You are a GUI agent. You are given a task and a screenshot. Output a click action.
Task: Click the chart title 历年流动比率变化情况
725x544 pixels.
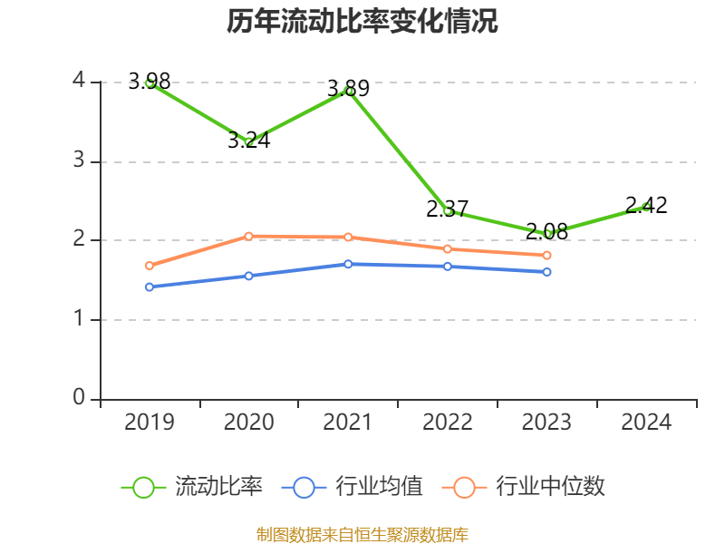coord(362,22)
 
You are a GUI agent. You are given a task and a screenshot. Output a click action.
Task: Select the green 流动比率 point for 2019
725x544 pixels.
coord(150,83)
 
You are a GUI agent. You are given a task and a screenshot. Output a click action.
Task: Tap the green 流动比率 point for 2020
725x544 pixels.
coord(248,141)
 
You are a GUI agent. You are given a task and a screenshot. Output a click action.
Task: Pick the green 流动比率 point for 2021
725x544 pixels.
coord(348,91)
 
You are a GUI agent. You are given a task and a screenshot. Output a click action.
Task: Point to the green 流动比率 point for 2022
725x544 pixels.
coord(448,210)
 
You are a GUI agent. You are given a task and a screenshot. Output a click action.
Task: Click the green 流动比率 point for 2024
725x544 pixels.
coord(646,207)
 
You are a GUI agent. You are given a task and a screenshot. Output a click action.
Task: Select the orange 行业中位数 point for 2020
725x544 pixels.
coord(248,236)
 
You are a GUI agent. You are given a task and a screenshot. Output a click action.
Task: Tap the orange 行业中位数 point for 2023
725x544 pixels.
coord(546,255)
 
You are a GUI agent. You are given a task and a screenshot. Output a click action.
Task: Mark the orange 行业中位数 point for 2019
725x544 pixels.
coord(150,266)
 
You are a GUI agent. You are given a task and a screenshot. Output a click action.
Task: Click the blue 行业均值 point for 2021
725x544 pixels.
coord(348,264)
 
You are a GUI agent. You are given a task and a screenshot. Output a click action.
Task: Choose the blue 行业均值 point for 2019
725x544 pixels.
coord(150,287)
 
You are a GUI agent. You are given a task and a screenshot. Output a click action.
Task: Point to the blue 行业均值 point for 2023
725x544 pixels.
coord(546,272)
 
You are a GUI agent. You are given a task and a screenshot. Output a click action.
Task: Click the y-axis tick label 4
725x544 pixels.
coord(79,82)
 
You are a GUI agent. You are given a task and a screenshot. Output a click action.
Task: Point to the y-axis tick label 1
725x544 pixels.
coord(79,319)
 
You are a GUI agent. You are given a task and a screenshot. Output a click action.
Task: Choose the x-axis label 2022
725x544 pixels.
coord(448,423)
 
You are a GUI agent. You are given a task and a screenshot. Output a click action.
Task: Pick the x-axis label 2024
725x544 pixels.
coord(646,423)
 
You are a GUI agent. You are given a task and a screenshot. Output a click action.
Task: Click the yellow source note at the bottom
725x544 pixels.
coord(362,534)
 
